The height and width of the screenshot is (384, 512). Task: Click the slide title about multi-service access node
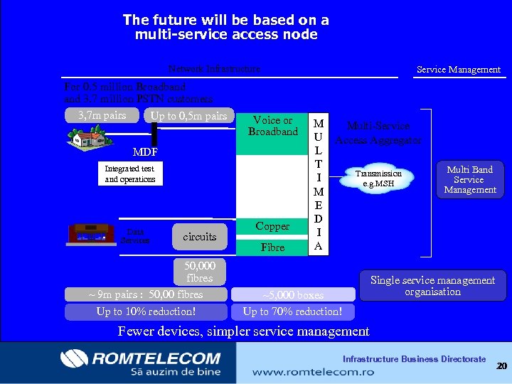[x=225, y=27]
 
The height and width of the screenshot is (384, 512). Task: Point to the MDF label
[x=145, y=152]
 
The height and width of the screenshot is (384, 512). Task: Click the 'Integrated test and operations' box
[x=130, y=174]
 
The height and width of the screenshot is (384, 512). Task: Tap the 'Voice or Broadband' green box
[x=272, y=132]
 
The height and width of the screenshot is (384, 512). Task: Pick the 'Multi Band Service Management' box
[x=469, y=179]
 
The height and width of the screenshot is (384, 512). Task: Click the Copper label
[x=272, y=226]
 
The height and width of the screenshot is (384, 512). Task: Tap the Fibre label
[x=272, y=247]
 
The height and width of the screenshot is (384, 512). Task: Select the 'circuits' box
[x=199, y=236]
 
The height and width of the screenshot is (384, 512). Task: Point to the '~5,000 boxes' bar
[x=293, y=294]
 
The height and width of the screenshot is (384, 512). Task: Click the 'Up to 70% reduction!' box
[x=293, y=311]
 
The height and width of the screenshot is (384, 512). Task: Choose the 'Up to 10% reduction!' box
[x=146, y=311]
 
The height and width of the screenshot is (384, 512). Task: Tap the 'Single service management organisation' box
[x=432, y=286]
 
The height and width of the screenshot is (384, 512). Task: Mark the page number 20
[x=501, y=366]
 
